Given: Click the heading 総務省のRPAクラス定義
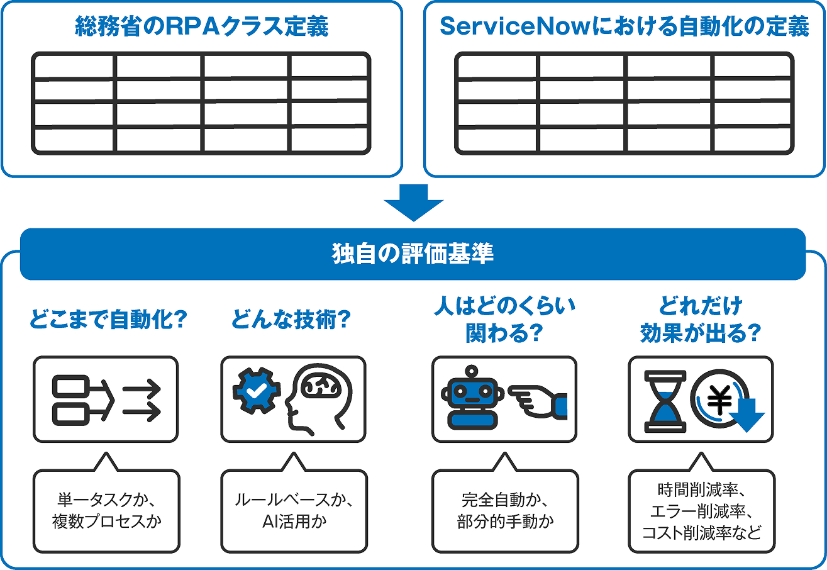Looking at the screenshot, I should point(201,27).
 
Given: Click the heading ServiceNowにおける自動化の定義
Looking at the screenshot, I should point(624,27).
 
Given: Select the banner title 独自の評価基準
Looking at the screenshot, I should point(413,254).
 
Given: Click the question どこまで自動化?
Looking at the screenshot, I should point(108,321).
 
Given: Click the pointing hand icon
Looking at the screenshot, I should point(538,401).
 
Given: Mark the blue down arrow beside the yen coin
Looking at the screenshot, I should point(748,416).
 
